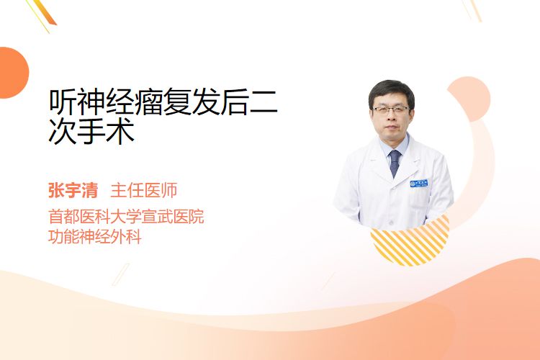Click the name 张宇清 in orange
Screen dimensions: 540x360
(73, 190)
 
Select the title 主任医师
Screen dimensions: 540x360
(144, 190)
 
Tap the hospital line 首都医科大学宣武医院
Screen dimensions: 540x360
(126, 216)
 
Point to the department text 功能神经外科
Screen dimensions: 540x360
(95, 237)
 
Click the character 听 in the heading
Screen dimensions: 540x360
(63, 102)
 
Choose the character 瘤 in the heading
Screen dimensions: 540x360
(148, 102)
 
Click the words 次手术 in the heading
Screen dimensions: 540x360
(91, 131)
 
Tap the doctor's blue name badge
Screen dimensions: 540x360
(419, 184)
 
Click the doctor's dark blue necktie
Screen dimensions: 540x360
(395, 163)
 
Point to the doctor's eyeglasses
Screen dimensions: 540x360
(392, 110)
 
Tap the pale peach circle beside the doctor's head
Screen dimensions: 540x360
(474, 98)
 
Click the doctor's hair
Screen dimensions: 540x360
(391, 90)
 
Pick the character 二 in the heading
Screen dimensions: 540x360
(264, 102)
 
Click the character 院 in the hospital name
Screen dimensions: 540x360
(197, 216)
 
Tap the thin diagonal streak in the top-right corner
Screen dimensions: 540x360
(474, 9)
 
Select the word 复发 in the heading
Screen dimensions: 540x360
(191, 102)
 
